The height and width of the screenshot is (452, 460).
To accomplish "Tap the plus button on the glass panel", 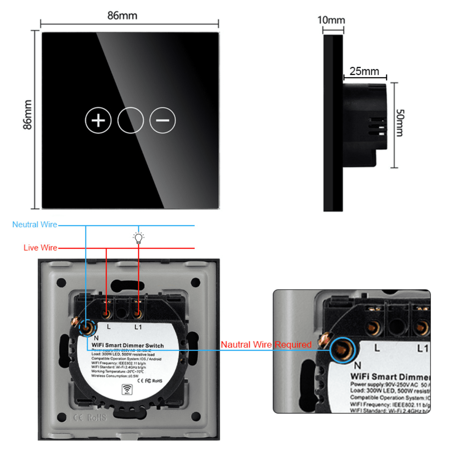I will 98,121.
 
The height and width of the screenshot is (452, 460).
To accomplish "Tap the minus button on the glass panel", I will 163,121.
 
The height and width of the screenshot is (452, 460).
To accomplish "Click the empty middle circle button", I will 131,121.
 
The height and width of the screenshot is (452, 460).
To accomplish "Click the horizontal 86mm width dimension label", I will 122,16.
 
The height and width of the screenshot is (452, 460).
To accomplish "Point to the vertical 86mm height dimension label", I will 28,115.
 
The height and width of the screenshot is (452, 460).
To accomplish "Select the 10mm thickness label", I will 331,20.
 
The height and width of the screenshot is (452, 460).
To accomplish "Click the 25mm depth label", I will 364,71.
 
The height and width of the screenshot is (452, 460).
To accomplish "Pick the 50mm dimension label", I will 399,123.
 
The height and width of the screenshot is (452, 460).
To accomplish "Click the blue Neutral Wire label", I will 35,225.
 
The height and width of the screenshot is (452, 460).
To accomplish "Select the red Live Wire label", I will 40,248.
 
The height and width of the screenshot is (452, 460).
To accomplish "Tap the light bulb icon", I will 139,238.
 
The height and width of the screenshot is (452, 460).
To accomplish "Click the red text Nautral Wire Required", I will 266,344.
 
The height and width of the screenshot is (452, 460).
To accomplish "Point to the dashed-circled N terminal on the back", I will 87,328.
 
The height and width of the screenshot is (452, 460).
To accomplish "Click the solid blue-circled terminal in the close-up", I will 342,350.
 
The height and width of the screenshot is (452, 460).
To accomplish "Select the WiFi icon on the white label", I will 127,389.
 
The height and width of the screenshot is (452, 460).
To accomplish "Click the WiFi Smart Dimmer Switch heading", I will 127,345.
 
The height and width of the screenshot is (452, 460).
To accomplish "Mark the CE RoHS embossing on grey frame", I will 90,417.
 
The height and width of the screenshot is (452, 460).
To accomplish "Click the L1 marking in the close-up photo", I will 423,348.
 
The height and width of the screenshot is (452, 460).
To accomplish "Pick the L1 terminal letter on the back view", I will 138,327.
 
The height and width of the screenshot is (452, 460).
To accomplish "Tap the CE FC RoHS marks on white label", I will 150,380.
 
